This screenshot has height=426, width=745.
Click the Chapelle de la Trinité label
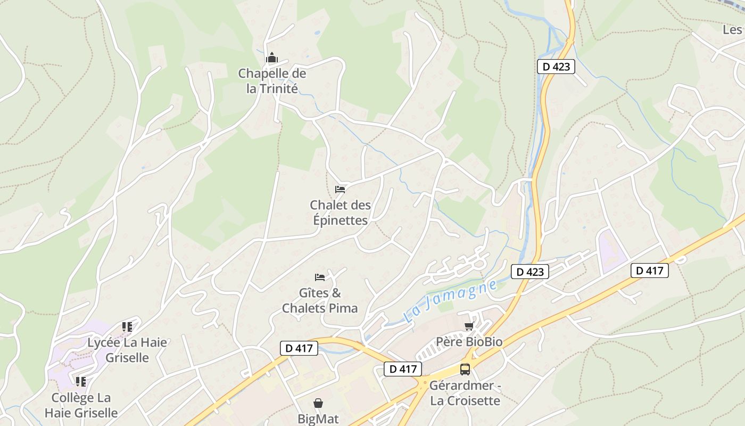click(x=272, y=80)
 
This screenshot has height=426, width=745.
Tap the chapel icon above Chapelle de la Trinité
click(x=272, y=58)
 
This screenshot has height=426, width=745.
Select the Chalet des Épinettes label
click(x=340, y=212)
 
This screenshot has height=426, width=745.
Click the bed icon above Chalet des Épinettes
click(x=340, y=189)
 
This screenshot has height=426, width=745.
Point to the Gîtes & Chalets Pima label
click(x=320, y=300)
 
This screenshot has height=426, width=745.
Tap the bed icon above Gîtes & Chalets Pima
click(x=320, y=277)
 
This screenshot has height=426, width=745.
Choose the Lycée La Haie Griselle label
click(x=127, y=350)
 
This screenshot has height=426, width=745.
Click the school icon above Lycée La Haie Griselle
click(x=127, y=326)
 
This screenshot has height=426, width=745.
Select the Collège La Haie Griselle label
click(x=81, y=405)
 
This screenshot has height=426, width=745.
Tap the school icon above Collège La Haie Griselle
click(x=81, y=381)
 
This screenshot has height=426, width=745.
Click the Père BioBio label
click(x=469, y=341)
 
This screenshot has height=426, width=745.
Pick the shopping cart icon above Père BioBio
click(x=469, y=326)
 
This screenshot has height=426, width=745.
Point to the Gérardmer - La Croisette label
click(x=465, y=393)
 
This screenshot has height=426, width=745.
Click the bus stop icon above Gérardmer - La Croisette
click(x=465, y=369)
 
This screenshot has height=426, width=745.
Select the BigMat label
click(x=318, y=419)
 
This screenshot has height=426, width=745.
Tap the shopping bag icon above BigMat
click(x=318, y=403)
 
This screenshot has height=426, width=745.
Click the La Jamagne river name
click(x=450, y=301)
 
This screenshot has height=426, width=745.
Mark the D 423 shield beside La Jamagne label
click(x=530, y=272)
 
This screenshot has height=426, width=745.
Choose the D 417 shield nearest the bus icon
click(x=403, y=368)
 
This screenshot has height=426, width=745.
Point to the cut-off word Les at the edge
click(x=733, y=30)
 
